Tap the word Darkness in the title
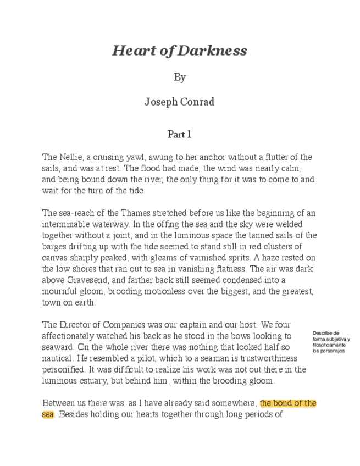[x=213, y=51]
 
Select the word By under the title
[x=180, y=77]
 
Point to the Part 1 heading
[x=179, y=134]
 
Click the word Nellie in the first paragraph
[x=70, y=158]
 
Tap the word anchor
[x=207, y=158]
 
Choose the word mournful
[x=61, y=292]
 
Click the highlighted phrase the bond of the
[x=288, y=403]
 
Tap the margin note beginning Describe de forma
[x=330, y=342]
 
